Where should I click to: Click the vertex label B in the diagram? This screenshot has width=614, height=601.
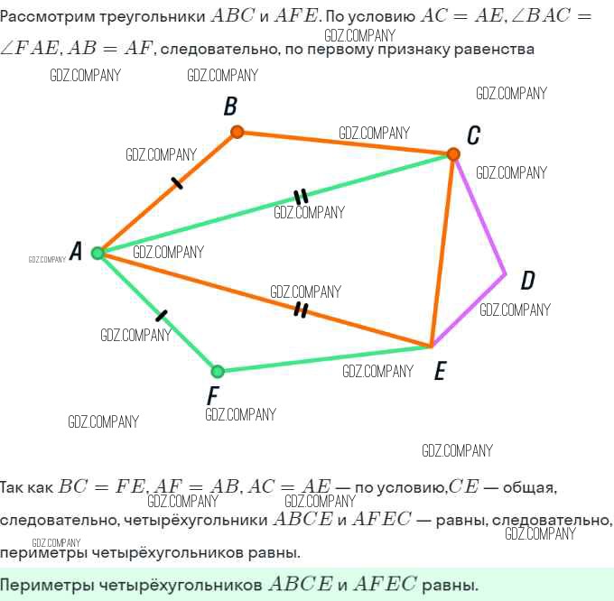tap(230, 107)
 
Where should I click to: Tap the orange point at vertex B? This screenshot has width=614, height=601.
tap(237, 132)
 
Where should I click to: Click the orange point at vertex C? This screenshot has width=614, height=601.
tap(453, 154)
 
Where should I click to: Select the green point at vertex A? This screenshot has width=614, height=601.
tap(98, 253)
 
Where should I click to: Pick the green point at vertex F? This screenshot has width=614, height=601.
tap(217, 371)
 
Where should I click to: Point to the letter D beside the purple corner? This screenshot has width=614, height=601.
tap(528, 281)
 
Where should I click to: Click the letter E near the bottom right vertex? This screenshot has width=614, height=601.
tap(440, 371)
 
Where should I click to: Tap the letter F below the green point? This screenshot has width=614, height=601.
tap(213, 395)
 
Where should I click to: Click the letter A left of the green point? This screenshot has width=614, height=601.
tap(76, 252)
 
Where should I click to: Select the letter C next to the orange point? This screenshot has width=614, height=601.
tap(473, 136)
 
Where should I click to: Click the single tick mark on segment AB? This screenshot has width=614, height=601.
tap(176, 184)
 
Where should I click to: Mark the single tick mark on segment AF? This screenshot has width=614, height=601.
tap(162, 316)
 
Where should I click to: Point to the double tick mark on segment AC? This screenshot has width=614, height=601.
tap(301, 197)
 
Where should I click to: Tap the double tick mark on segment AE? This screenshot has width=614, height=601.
tap(302, 310)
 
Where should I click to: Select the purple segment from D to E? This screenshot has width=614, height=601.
tap(470, 309)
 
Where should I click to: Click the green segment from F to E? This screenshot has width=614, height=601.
tap(325, 358)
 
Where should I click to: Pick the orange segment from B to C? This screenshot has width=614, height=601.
tap(343, 143)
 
